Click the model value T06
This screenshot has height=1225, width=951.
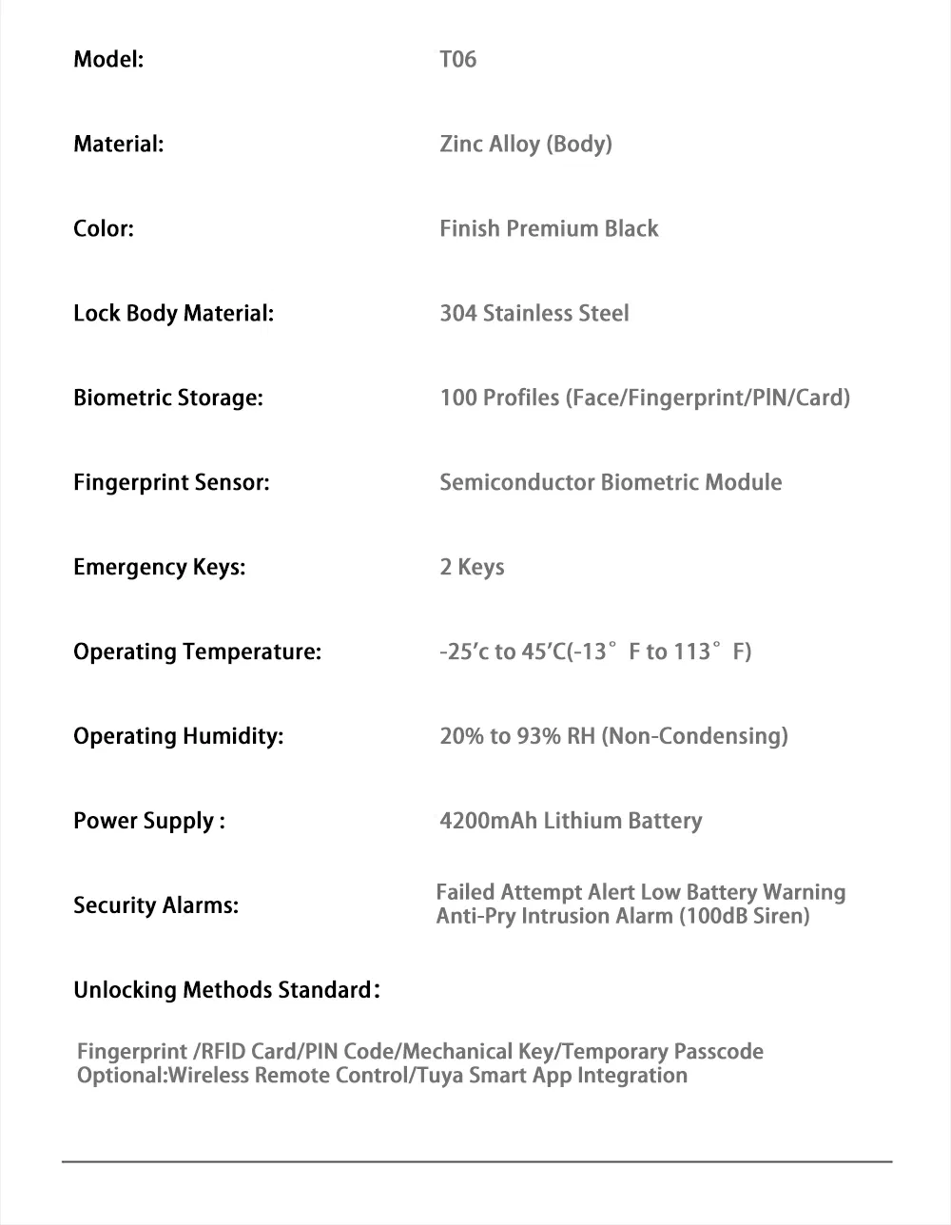point(457,60)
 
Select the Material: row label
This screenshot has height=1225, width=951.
point(118,145)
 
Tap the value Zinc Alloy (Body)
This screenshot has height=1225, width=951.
point(525,145)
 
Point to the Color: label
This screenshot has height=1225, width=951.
point(103,229)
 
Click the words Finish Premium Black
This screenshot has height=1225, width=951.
point(549,229)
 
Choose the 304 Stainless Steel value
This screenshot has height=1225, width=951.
point(534,314)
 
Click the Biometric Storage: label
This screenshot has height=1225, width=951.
point(167,399)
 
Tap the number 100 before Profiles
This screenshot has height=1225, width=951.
point(457,398)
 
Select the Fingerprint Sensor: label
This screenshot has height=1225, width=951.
point(171,483)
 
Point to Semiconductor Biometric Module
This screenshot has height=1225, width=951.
point(611,483)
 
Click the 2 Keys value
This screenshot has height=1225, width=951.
point(472,568)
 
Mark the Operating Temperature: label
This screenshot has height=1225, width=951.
point(197,652)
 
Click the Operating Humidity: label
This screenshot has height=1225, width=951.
point(178,737)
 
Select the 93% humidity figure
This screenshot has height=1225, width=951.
point(538,736)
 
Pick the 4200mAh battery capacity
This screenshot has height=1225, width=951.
point(488,821)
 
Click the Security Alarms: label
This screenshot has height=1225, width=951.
point(155,905)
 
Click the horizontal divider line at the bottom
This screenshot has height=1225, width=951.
point(476,1161)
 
